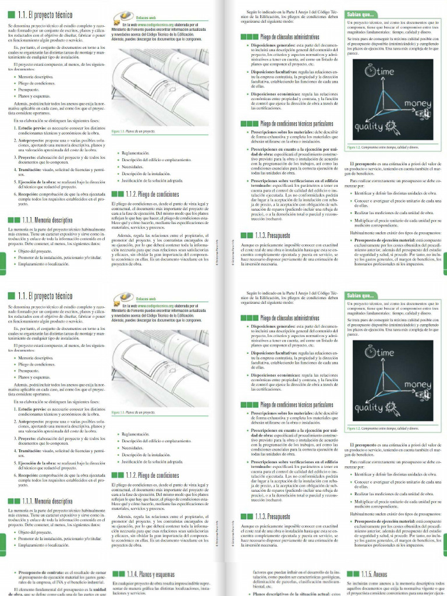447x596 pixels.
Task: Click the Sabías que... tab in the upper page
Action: pos(361,15)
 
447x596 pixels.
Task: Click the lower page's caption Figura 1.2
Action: pos(355,429)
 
